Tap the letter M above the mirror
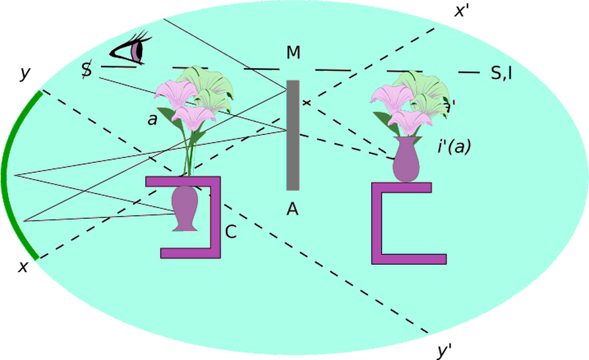[x=293, y=53]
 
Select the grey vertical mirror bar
[x=293, y=135]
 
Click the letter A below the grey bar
[x=292, y=209]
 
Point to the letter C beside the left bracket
[x=231, y=232]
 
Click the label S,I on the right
[x=501, y=73]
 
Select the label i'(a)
[x=453, y=146]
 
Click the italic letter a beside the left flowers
[x=152, y=120]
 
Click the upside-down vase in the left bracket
[x=185, y=208]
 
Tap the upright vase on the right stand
[x=406, y=159]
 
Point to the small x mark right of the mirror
[x=306, y=102]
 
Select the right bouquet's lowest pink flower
[x=409, y=121]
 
